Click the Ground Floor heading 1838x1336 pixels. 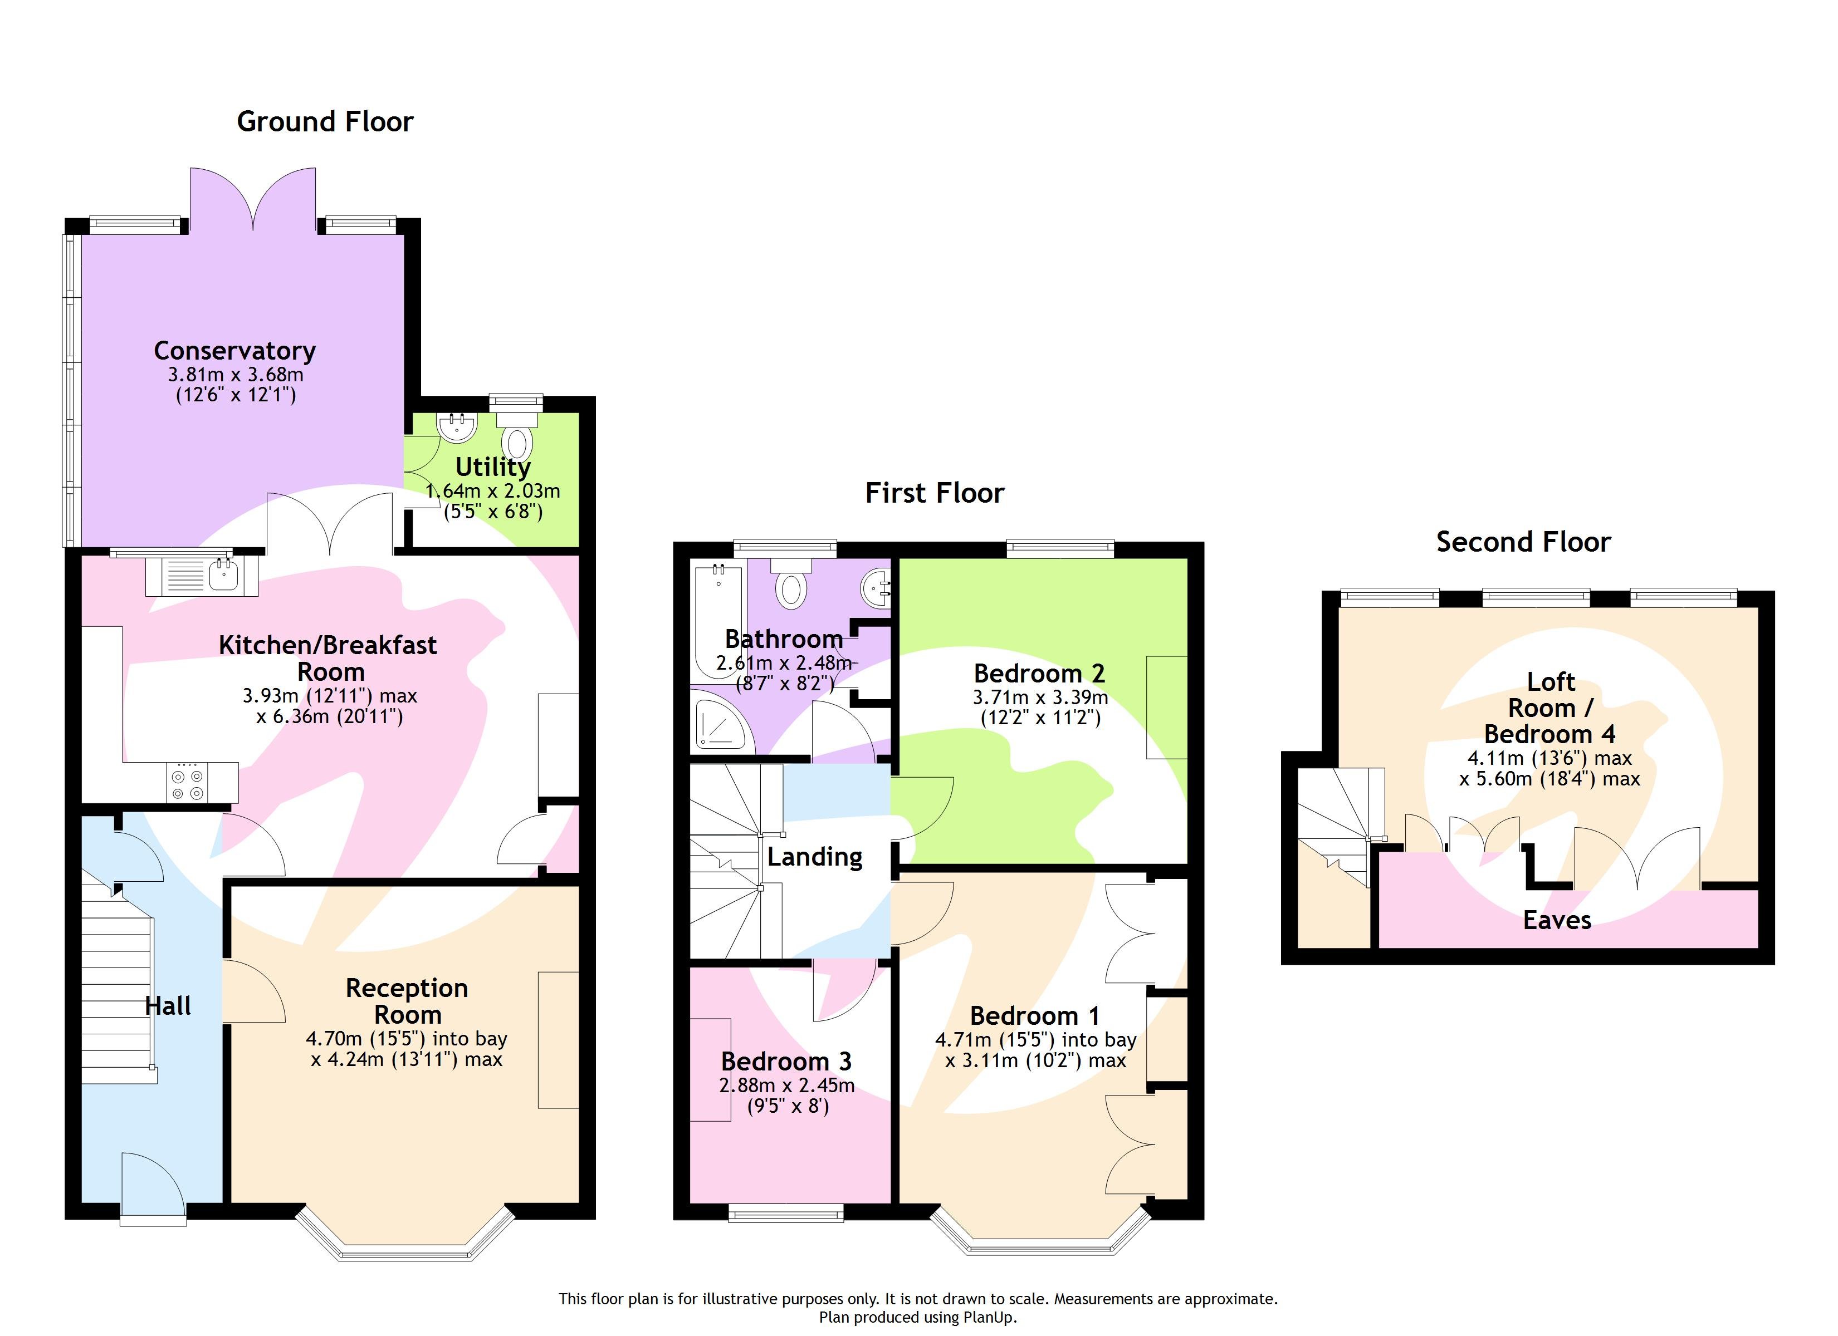pos(325,121)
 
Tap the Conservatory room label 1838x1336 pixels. pos(235,351)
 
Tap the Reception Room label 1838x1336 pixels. pos(407,1001)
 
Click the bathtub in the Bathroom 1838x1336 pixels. pos(718,624)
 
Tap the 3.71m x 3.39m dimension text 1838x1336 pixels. pos(1040,698)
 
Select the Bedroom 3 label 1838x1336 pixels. pos(786,1062)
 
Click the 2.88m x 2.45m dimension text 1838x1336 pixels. pos(786,1085)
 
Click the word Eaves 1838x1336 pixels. pos(1557,920)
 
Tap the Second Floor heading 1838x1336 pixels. pos(1523,542)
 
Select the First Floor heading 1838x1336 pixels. pos(935,493)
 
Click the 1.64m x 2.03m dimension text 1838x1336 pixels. pos(493,491)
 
